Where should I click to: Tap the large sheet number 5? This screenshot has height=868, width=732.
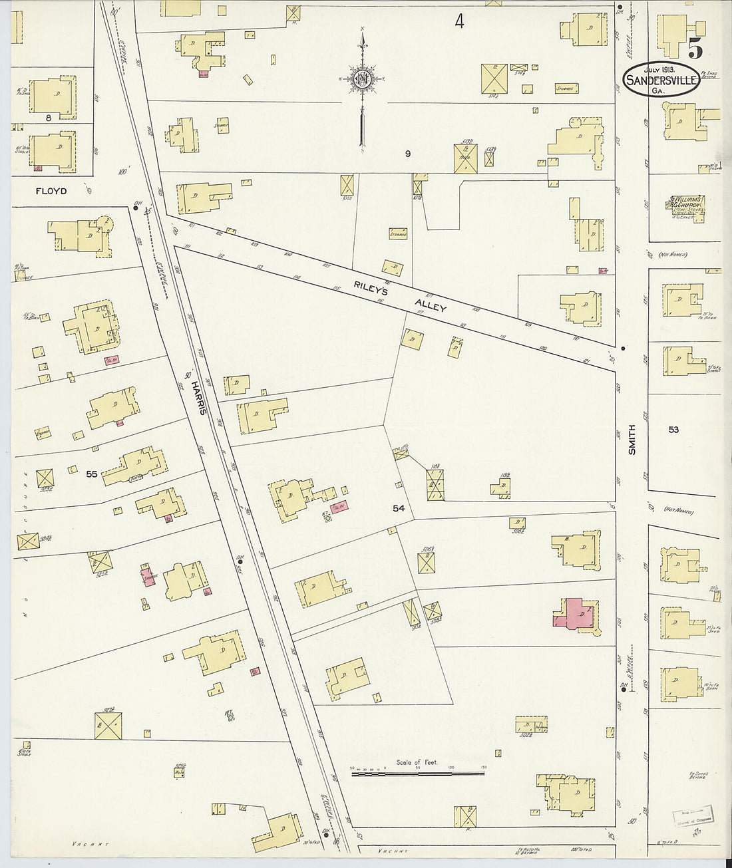696,49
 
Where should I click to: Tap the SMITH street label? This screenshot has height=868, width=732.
632,440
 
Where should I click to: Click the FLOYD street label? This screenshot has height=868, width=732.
51,191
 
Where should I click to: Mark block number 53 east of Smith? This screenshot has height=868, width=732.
673,430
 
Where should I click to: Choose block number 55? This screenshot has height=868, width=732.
92,474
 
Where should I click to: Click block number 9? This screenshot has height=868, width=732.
408,154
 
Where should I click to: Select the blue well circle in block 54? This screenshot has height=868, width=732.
328,518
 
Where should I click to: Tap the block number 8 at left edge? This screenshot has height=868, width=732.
49,118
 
